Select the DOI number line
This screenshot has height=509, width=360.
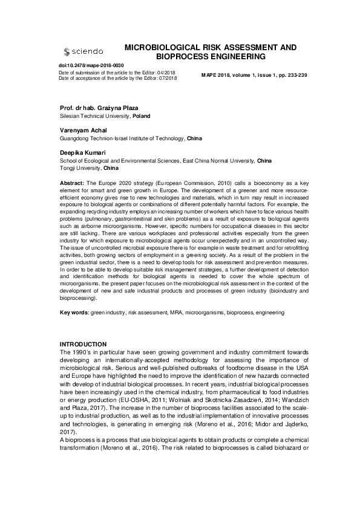tap(91, 65)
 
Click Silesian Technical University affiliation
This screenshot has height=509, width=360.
tap(95, 115)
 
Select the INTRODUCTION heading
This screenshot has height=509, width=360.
tap(83, 344)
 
